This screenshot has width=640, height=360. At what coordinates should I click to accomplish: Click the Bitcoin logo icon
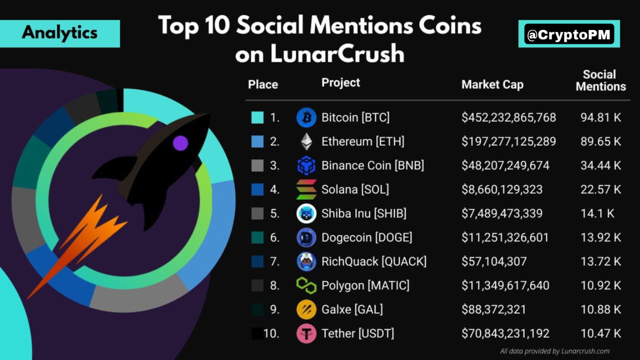pos(306,118)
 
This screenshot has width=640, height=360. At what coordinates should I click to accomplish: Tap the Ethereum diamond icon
pos(306,142)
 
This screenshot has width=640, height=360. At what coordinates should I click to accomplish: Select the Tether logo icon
pos(306,333)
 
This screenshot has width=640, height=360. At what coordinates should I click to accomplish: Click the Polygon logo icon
pos(306,286)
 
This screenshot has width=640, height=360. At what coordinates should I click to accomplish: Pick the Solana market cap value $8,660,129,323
pos(502,190)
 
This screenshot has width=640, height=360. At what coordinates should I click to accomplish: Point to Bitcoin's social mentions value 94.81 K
pos(600,118)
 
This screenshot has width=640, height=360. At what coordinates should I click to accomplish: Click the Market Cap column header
pos(492,85)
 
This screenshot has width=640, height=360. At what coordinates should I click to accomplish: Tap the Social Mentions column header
pos(600,80)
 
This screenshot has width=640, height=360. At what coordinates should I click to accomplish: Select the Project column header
pos(340,83)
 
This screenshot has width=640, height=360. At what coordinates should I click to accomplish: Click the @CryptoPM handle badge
pos(569,34)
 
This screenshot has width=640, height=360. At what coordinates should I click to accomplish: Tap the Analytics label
pos(60,33)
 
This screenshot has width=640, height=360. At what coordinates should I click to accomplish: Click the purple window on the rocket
pos(180,143)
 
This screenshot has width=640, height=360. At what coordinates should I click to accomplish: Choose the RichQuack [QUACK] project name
pos(374,262)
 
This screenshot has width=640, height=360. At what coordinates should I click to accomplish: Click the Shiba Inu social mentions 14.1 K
pos(597,214)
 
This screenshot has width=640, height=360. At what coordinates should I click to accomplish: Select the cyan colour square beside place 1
pos(257,118)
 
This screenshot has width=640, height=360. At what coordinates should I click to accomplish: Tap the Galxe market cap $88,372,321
pos(493,310)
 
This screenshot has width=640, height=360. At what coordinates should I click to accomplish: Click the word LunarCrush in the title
pos(337,54)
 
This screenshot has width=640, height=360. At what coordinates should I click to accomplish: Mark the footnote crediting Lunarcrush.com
pos(554,351)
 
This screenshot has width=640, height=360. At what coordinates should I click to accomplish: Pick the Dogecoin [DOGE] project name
pos(366,238)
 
